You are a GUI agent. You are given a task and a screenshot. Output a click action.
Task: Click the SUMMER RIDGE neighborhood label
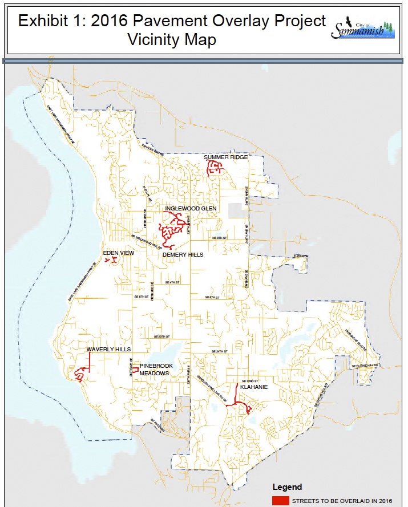(226, 157)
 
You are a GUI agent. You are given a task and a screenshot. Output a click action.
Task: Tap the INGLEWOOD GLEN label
(191, 209)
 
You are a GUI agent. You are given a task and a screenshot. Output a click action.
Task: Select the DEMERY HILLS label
(183, 255)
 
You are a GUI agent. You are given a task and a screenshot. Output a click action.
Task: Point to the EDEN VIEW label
(118, 252)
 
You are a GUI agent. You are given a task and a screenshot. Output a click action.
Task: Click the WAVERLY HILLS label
(108, 349)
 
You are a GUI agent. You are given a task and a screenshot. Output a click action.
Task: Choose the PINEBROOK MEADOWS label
(155, 369)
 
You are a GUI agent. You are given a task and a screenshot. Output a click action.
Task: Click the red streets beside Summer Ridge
(215, 168)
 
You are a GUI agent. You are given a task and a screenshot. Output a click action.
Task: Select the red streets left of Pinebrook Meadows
(136, 370)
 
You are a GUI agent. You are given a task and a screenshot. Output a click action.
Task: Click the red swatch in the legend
(280, 501)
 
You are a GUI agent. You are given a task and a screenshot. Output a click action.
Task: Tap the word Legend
(284, 488)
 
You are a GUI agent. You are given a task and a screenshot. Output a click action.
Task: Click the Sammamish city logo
(363, 29)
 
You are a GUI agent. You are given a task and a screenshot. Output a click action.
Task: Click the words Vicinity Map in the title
(172, 41)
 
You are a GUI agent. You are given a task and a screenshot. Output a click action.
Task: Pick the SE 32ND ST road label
(250, 380)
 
